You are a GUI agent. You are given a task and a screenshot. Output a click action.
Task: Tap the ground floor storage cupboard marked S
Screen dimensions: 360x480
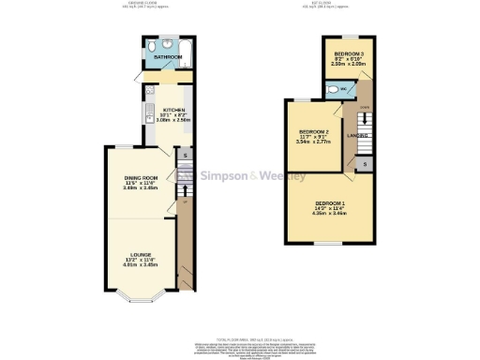186,155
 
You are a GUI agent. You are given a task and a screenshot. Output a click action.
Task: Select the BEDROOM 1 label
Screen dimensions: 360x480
330,204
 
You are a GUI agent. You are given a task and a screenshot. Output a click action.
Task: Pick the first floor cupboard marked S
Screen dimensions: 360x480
365,164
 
